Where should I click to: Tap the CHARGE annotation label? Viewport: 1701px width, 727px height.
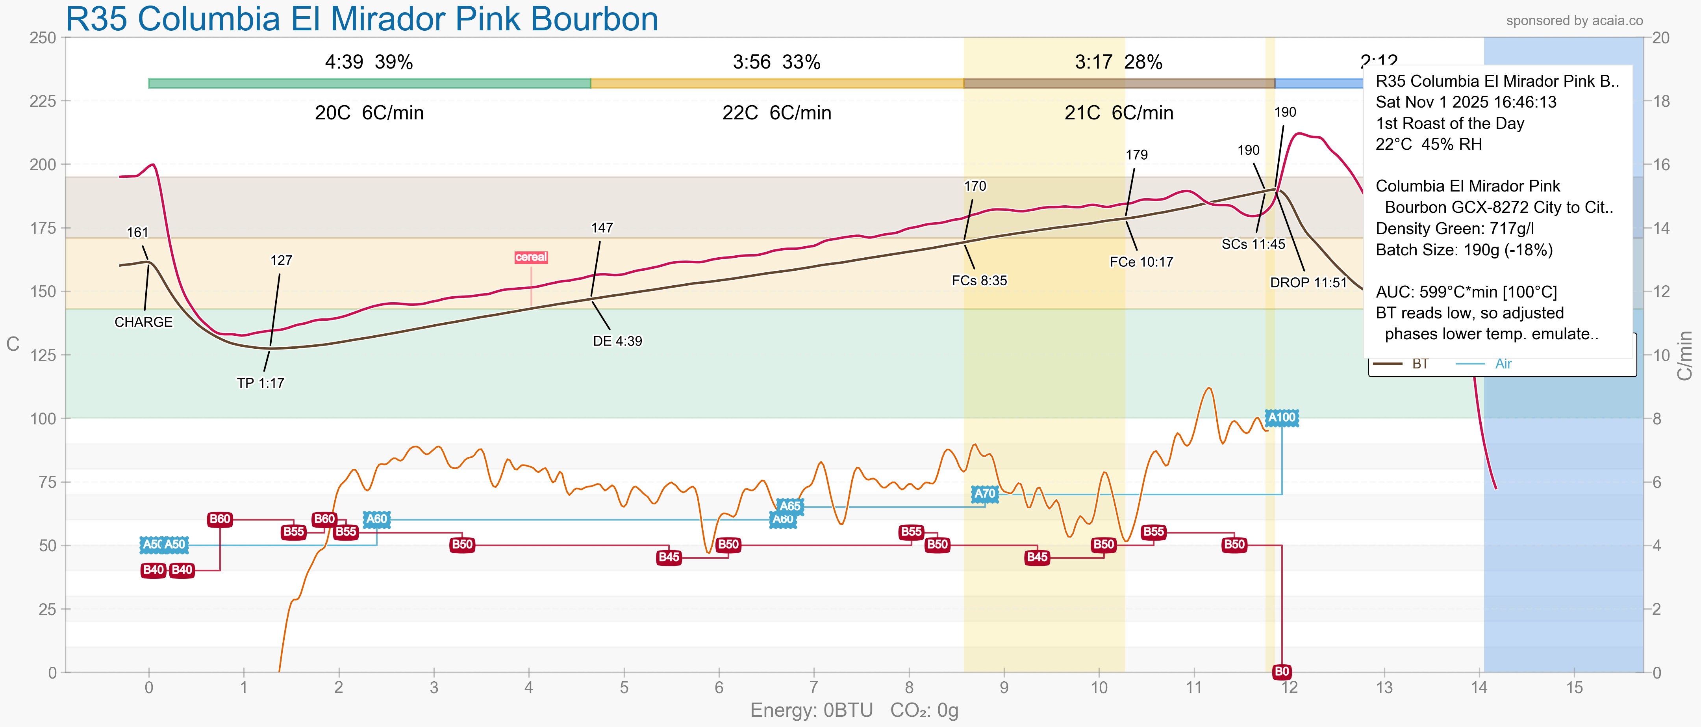(143, 322)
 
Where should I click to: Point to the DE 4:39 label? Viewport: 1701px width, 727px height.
(617, 341)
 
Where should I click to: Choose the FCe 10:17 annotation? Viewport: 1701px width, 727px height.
(1141, 262)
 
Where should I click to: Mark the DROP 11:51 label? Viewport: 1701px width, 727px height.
(1308, 283)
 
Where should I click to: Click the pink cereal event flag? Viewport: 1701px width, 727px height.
(531, 257)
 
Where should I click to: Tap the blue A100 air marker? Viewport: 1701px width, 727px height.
(1282, 418)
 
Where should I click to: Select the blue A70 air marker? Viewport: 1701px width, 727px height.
(984, 494)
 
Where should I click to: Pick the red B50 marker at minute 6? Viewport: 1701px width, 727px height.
(728, 545)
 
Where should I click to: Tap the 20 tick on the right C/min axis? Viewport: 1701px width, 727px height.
(1661, 38)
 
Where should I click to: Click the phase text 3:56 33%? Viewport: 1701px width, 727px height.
(776, 62)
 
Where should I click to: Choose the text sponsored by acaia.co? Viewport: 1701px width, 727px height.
(1574, 20)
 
